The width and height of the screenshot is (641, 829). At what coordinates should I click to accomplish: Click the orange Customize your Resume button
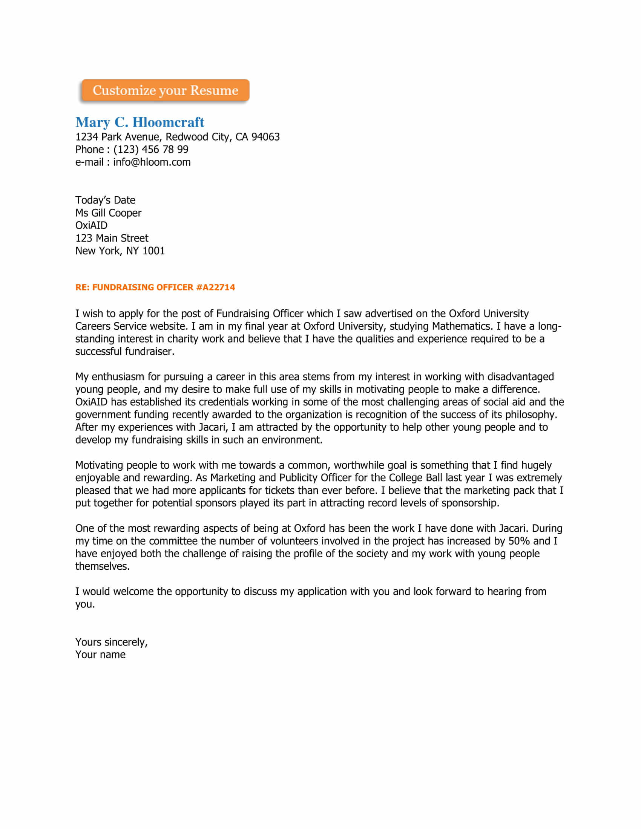tap(165, 90)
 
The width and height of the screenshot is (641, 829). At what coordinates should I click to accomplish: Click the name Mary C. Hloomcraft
tap(140, 122)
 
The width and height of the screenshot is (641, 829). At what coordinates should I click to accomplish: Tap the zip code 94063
tap(265, 137)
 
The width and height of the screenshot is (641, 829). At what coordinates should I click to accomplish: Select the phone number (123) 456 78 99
tap(151, 150)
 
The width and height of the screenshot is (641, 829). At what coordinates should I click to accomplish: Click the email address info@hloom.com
tap(152, 162)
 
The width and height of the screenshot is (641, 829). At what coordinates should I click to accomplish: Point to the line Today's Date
tap(105, 200)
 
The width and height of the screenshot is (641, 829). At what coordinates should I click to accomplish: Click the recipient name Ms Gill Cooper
tap(108, 213)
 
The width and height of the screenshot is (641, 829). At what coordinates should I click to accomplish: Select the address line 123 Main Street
tap(112, 238)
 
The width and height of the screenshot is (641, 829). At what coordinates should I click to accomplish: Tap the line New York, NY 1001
tap(120, 251)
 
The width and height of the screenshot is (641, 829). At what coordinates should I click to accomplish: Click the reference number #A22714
tap(216, 288)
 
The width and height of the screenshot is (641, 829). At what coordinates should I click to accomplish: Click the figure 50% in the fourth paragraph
tap(519, 540)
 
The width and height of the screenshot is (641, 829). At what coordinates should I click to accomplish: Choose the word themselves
tap(103, 566)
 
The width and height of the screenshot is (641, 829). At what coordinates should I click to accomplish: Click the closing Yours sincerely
tap(111, 642)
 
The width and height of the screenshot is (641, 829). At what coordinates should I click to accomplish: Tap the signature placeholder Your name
tap(100, 655)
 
